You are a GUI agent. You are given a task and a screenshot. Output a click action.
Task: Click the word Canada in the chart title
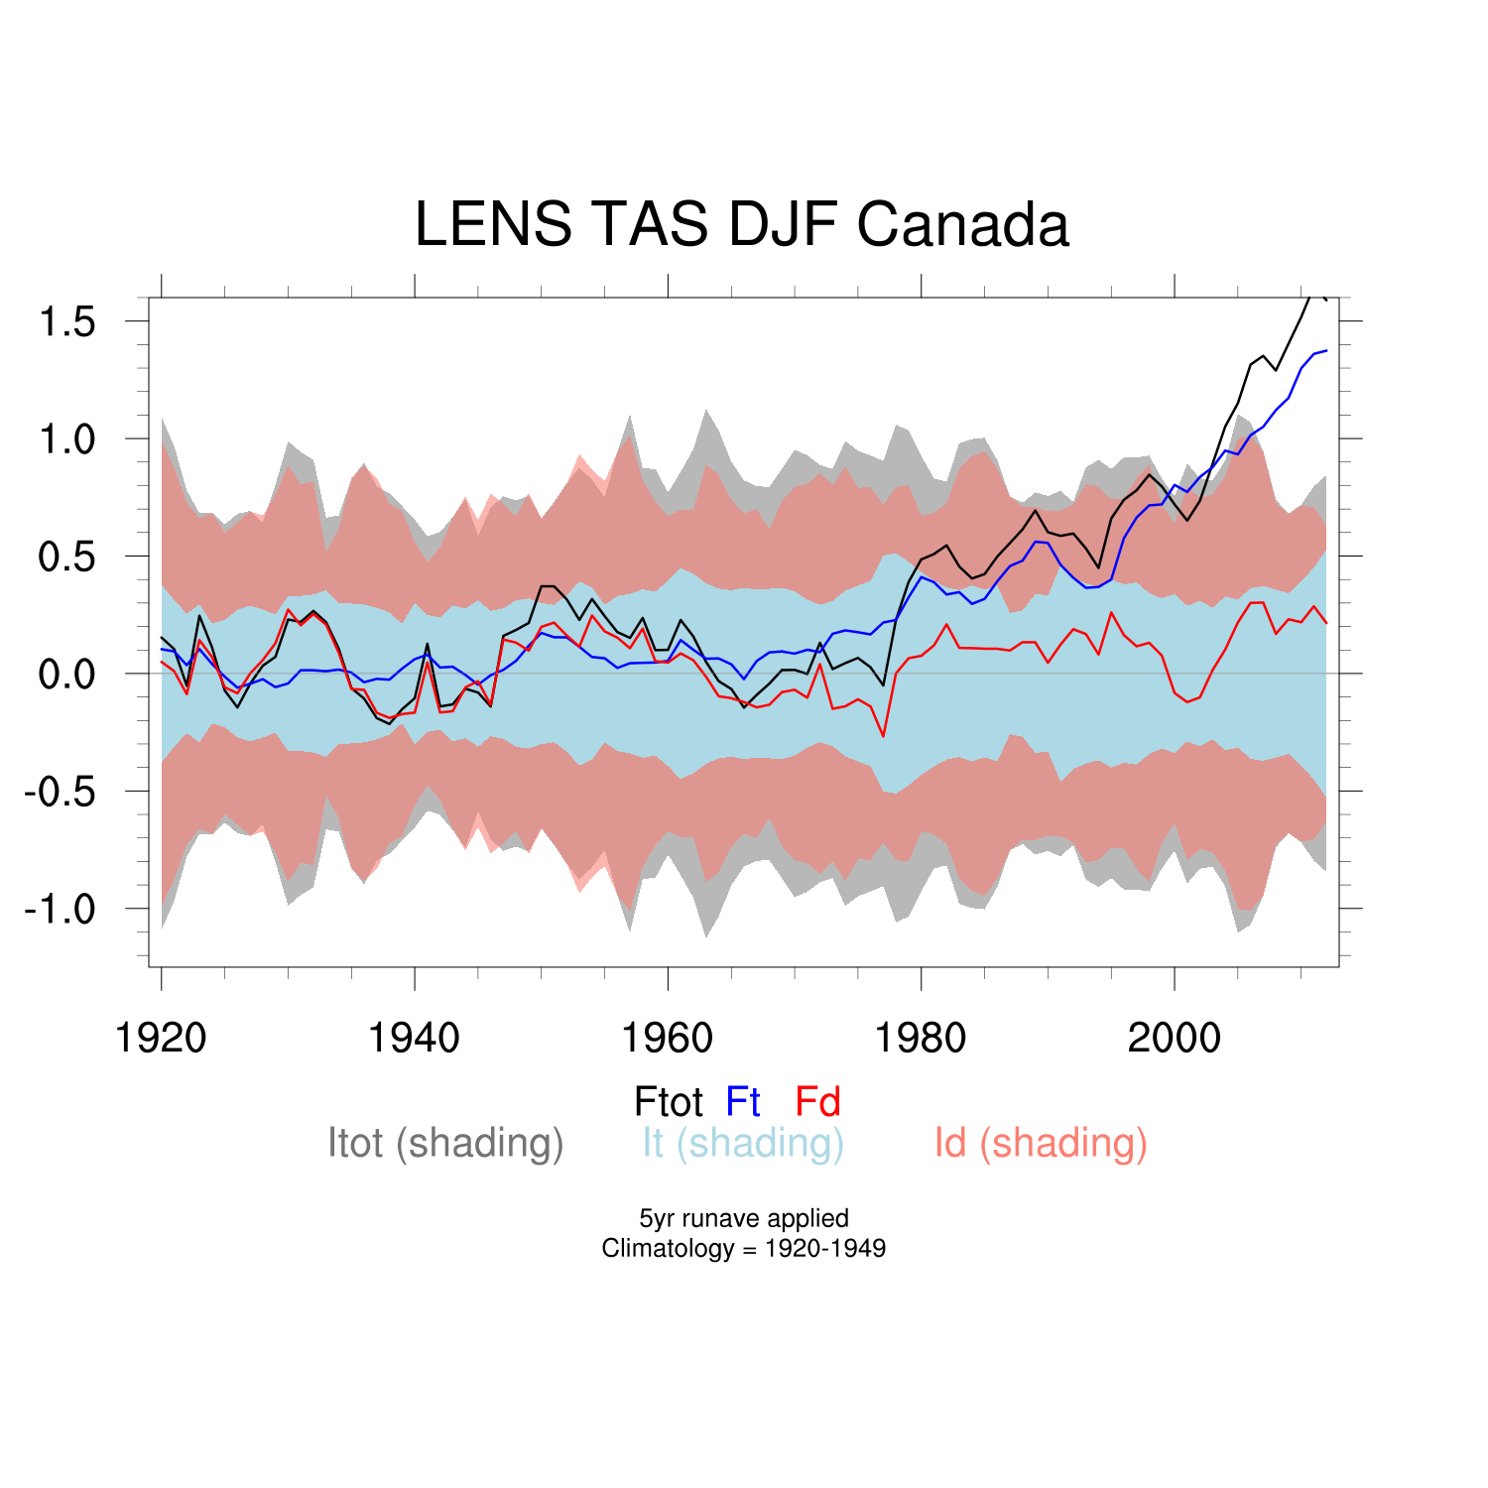tap(962, 224)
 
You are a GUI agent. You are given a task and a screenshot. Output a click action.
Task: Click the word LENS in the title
tap(493, 224)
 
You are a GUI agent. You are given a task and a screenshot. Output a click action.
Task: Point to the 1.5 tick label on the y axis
tap(66, 322)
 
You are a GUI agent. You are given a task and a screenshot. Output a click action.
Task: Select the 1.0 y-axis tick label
tap(66, 439)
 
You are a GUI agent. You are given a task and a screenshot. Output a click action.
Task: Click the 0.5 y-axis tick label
tap(66, 557)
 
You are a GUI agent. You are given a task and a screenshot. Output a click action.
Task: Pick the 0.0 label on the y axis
tap(66, 675)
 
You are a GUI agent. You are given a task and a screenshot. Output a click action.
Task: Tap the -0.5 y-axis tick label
tap(60, 792)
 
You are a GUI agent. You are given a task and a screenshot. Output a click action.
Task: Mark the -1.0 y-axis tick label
tap(60, 909)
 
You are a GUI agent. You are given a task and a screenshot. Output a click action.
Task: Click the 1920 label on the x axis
tap(161, 1039)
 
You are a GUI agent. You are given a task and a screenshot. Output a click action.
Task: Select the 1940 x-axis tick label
tap(414, 1039)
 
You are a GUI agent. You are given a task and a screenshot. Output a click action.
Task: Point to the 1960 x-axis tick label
tap(667, 1039)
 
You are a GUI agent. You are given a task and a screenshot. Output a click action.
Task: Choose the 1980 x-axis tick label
tap(921, 1039)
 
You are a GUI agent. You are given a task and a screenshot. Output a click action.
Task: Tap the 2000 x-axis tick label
tap(1175, 1039)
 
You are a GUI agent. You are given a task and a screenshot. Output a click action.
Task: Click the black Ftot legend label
tap(669, 1102)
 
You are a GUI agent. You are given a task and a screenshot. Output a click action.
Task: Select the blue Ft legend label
tap(743, 1102)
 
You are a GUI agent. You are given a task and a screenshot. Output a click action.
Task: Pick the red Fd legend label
tap(817, 1102)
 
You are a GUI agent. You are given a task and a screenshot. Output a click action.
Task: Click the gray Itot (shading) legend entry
tap(445, 1144)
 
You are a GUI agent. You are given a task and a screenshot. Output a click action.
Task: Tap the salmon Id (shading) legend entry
tap(1041, 1144)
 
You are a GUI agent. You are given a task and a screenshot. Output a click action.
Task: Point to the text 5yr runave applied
tap(744, 1218)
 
